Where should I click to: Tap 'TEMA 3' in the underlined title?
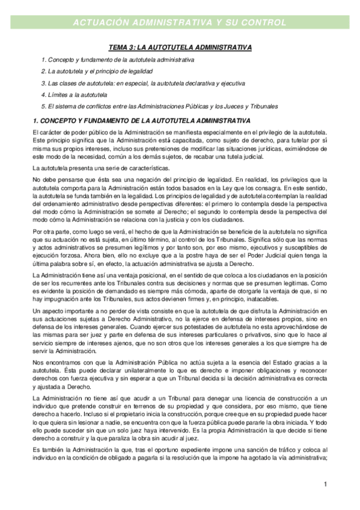119,47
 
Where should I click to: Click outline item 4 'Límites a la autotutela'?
74,95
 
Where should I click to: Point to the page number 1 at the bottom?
325,485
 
